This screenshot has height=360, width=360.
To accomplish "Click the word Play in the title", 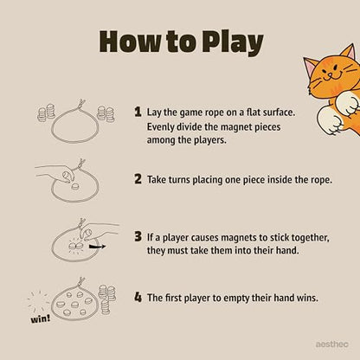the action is (x=233, y=42).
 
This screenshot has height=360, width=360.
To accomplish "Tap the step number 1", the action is (x=138, y=112).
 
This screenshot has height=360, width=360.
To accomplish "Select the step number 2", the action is (x=138, y=179).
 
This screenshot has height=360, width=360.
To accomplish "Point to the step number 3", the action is (x=138, y=236).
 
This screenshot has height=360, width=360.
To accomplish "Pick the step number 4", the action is (x=138, y=297).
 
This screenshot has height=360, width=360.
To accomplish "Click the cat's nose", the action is (x=331, y=74).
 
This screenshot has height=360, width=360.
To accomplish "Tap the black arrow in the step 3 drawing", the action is (x=98, y=247).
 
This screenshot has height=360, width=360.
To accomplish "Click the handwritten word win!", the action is (x=41, y=318).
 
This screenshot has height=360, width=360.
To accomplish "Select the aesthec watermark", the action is (x=331, y=344).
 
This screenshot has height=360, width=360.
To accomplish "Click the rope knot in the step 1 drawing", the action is (x=80, y=104).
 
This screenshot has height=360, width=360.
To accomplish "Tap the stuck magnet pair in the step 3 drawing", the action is (x=76, y=246).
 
